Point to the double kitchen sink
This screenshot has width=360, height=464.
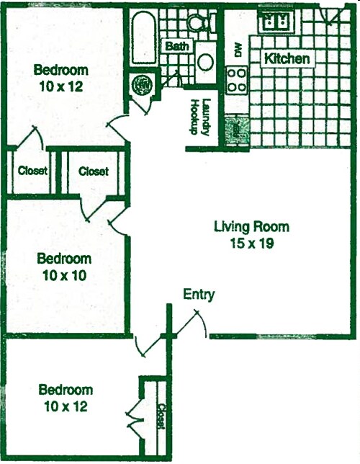[x=274, y=22]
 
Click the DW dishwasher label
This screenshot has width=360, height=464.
[x=237, y=49]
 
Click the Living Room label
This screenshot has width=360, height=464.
[x=251, y=228]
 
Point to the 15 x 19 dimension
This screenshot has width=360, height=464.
[x=251, y=244]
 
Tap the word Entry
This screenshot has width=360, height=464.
[x=199, y=294]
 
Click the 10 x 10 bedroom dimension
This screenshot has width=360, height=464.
[x=65, y=275]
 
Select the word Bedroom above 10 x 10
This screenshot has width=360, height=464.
[x=65, y=259]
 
